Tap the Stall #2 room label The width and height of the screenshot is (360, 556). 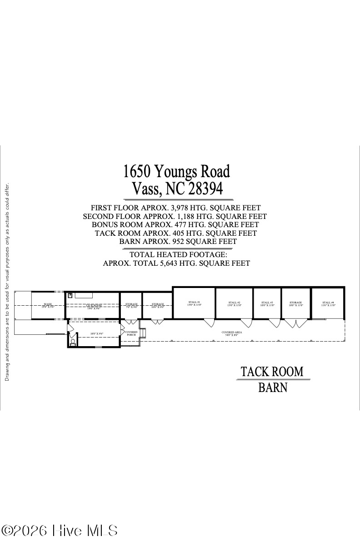[x=234, y=303]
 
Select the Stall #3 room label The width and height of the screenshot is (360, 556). [x=267, y=303]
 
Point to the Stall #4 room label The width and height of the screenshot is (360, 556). [x=328, y=303]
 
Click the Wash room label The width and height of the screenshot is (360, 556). [x=48, y=305]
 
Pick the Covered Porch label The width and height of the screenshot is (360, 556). [x=131, y=333]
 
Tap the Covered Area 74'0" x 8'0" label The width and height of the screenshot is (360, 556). [x=231, y=333]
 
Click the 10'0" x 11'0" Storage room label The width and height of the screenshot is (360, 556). [x=295, y=303]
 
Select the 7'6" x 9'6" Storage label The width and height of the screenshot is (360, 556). [x=131, y=305]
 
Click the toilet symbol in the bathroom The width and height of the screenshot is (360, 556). [x=73, y=342]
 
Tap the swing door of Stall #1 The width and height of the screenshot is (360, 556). [x=209, y=323]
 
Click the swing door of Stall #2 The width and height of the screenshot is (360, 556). [x=246, y=323]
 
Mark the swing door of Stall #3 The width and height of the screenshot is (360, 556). [x=275, y=323]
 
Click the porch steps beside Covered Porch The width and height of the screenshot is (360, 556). [x=144, y=334]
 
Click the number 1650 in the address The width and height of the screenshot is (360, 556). [x=137, y=172]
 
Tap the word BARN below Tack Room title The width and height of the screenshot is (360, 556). [x=273, y=387]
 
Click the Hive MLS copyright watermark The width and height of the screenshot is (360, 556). [x=60, y=531]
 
